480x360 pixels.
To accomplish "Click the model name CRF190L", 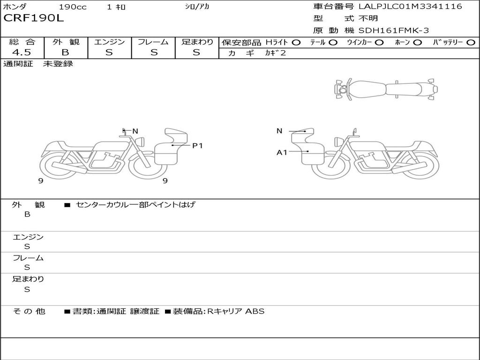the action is (34, 18).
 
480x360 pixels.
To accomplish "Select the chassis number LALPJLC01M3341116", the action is (410, 6).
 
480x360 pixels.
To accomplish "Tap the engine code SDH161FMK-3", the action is (394, 30).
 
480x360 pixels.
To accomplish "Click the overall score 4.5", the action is (22, 52).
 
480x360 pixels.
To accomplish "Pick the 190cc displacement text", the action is (73, 7).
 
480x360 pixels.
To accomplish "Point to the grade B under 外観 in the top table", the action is (65, 52).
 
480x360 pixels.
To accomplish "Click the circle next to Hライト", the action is (296, 43).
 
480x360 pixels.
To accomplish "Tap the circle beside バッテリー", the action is (471, 43).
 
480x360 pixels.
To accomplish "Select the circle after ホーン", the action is (417, 43).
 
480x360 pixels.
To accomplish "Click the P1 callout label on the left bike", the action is (197, 146).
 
